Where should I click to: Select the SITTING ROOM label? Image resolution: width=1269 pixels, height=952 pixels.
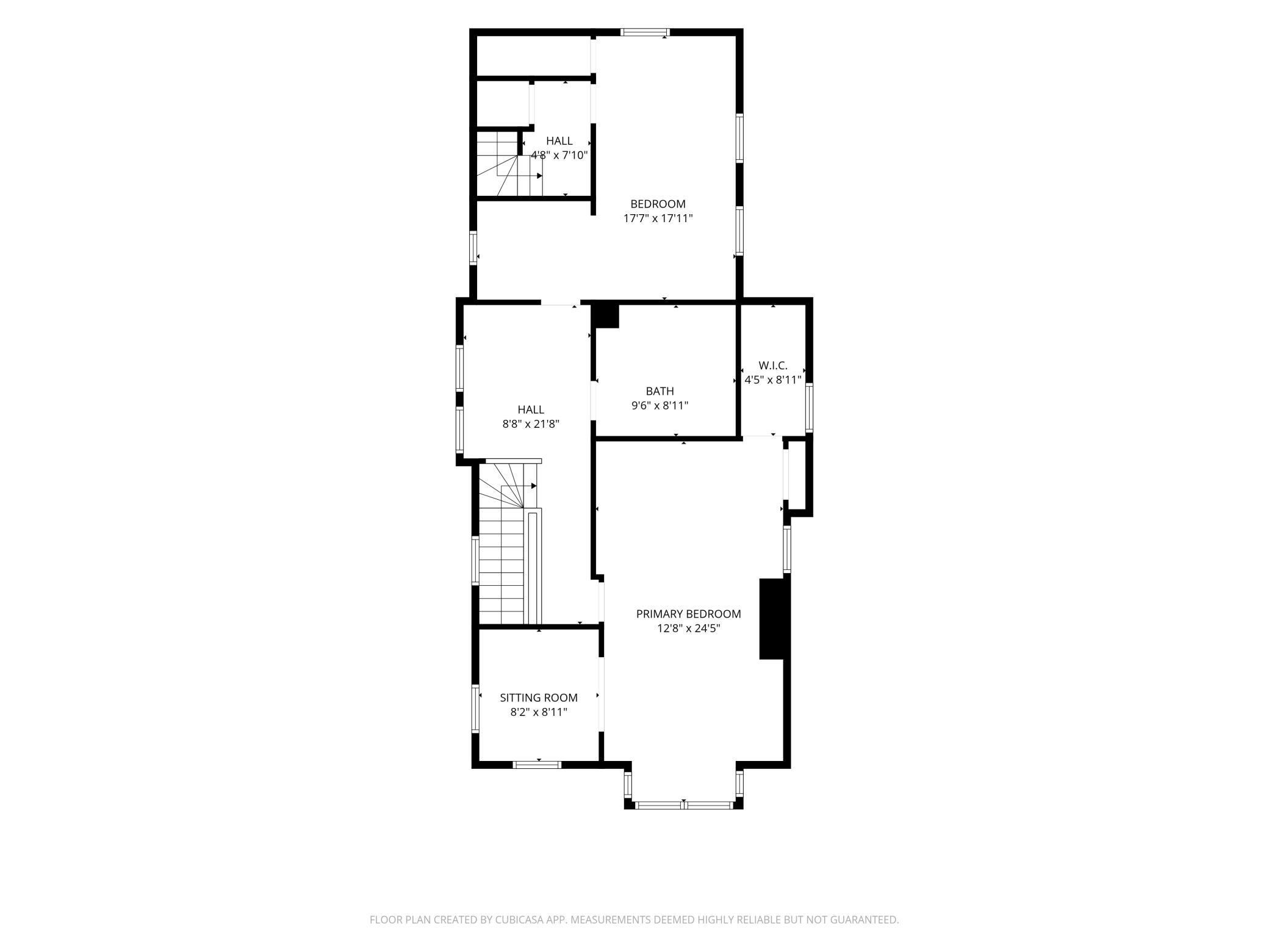pyautogui.click(x=539, y=698)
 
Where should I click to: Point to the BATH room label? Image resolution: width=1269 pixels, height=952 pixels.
pyautogui.click(x=660, y=391)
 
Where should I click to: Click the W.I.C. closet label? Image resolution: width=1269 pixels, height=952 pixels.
pyautogui.click(x=773, y=366)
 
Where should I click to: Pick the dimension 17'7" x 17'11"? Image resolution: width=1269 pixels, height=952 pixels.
pyautogui.click(x=658, y=218)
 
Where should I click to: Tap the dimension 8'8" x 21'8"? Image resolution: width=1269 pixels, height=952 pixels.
pyautogui.click(x=531, y=424)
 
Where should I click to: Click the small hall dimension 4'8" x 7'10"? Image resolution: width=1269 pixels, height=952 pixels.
pyautogui.click(x=559, y=155)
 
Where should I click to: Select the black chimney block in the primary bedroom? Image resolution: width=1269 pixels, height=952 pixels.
pyautogui.click(x=772, y=619)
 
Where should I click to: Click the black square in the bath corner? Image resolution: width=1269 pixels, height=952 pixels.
pyautogui.click(x=607, y=316)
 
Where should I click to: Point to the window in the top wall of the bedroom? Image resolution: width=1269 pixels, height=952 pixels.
pyautogui.click(x=645, y=32)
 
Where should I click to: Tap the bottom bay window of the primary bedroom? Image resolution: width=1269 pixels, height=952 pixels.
pyautogui.click(x=683, y=806)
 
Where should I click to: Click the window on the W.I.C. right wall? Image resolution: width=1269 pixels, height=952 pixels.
pyautogui.click(x=809, y=408)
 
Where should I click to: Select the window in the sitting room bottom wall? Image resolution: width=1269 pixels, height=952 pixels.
pyautogui.click(x=537, y=765)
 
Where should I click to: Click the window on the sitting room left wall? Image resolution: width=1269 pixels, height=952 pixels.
pyautogui.click(x=475, y=709)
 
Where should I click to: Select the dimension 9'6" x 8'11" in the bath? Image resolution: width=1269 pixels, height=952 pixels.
pyautogui.click(x=660, y=405)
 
